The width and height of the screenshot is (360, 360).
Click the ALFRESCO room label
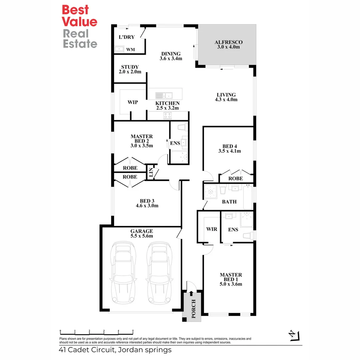(x=228, y=42)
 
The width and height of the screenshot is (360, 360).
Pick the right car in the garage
(x=159, y=272)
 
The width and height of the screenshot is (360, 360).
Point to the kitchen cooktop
(x=167, y=116)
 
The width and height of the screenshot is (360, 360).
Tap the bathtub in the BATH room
(x=248, y=196)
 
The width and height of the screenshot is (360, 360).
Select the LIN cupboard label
(x=151, y=172)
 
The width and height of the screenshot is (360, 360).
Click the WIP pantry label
(x=133, y=102)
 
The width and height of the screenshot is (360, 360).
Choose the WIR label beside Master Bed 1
(x=212, y=229)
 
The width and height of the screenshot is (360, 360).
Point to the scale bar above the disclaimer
(x=97, y=333)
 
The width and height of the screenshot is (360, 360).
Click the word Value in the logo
(x=80, y=22)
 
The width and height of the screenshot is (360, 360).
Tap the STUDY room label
(x=130, y=67)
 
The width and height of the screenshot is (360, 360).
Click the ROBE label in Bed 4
(x=236, y=179)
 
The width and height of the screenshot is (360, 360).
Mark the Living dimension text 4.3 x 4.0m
(x=226, y=99)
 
